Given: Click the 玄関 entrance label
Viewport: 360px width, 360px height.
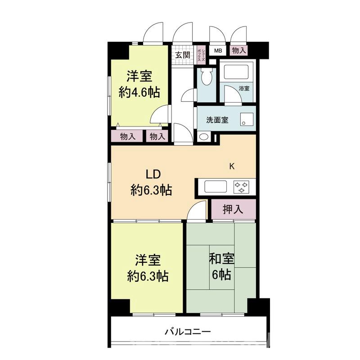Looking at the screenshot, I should (x=182, y=55).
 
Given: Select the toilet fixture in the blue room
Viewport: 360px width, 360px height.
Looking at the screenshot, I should (x=207, y=77).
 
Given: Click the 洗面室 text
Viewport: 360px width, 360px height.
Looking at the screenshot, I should (x=217, y=120).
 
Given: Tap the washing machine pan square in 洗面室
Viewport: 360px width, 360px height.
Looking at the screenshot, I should (x=247, y=120).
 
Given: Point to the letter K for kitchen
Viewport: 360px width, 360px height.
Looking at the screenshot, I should (x=232, y=166).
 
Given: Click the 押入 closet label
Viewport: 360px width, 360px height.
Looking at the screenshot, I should (x=233, y=209).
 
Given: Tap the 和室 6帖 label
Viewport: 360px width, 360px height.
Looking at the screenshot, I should (x=222, y=266).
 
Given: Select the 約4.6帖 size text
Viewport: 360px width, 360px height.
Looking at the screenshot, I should (x=139, y=92).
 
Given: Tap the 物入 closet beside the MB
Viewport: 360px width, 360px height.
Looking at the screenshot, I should (x=239, y=51).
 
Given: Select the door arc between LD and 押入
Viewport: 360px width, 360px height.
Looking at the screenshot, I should (x=197, y=211).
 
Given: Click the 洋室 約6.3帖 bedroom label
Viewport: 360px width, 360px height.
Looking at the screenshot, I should (x=147, y=268).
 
